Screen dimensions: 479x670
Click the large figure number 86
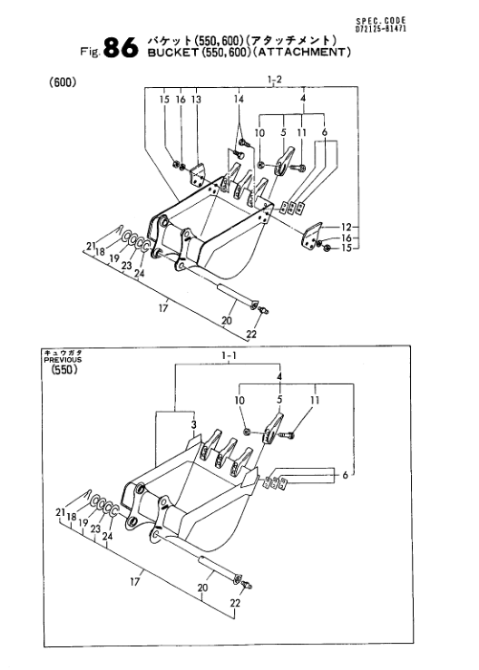click(121, 47)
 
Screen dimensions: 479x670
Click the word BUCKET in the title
click(173, 53)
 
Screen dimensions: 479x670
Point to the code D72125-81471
click(381, 29)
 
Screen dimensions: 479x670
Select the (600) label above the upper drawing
click(63, 82)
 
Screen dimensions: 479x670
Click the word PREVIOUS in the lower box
click(63, 360)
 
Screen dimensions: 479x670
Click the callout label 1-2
click(275, 80)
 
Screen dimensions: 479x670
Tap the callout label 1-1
click(230, 355)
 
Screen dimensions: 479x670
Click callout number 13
click(196, 100)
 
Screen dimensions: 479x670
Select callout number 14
click(239, 100)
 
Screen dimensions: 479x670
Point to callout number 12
click(346, 228)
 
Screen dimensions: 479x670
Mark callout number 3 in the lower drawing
click(194, 424)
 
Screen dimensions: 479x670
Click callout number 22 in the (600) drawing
click(251, 334)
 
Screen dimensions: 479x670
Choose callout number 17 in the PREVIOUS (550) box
click(134, 581)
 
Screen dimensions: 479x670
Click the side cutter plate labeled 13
click(197, 175)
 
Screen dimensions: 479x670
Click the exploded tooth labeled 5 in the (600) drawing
click(285, 161)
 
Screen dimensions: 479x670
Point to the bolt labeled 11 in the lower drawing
click(288, 434)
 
